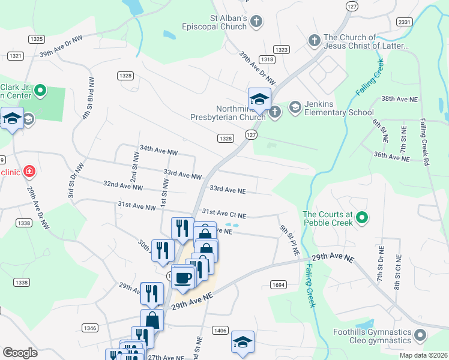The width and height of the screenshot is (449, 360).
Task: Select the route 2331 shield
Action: click(x=405, y=22)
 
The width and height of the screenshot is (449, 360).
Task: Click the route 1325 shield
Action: click(x=36, y=39)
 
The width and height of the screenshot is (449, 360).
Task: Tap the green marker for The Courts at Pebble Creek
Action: click(x=361, y=217)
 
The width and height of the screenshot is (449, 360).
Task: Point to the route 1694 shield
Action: click(x=277, y=284)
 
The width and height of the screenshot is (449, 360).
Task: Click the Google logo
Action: click(x=20, y=352)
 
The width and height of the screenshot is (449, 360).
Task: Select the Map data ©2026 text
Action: click(x=423, y=355)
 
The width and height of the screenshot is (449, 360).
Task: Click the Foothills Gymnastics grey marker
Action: click(x=420, y=334)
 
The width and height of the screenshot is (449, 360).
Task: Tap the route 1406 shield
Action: click(x=220, y=330)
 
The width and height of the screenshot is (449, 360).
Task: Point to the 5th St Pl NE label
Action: click(x=288, y=241)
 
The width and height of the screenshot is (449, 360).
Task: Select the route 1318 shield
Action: click(x=268, y=59)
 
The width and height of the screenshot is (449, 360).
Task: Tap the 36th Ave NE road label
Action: click(x=391, y=156)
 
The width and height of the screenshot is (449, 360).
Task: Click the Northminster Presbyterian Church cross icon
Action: click(x=274, y=112)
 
